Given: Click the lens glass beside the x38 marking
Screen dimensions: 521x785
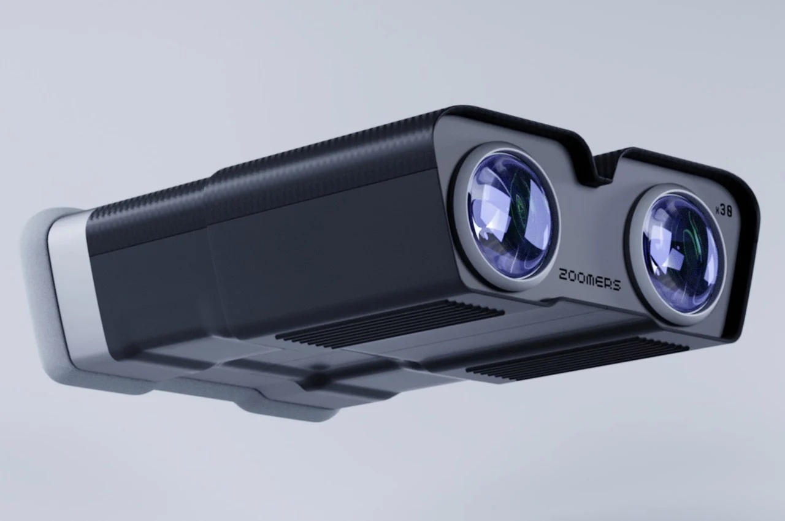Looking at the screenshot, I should click(x=678, y=253).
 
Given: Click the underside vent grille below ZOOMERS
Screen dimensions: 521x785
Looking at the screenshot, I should click(x=392, y=322).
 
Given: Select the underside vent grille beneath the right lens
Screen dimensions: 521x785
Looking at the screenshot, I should click(x=576, y=358).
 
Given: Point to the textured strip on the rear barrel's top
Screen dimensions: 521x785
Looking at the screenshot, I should click(x=147, y=208).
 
